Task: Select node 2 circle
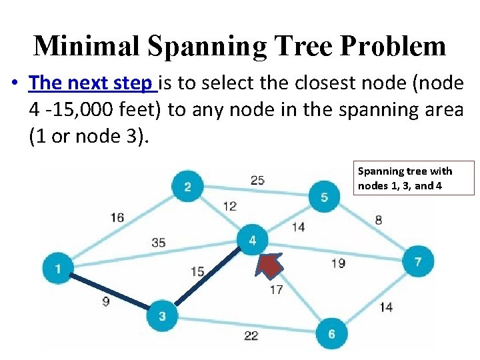pyautogui.click(x=187, y=186)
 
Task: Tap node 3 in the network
pyautogui.click(x=162, y=316)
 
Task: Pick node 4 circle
pyautogui.click(x=252, y=240)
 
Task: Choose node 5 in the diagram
pyautogui.click(x=324, y=197)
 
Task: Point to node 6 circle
pyautogui.click(x=331, y=334)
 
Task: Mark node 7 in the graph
pyautogui.click(x=418, y=262)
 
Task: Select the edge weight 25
pyautogui.click(x=257, y=180)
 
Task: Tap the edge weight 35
pyautogui.click(x=158, y=243)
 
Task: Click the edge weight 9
pyautogui.click(x=106, y=301)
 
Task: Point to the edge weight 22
pyautogui.click(x=251, y=335)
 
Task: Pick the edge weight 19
pyautogui.click(x=338, y=263)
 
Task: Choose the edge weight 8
pyautogui.click(x=379, y=220)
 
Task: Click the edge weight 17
pyautogui.click(x=276, y=289)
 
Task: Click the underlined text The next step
pyautogui.click(x=91, y=83)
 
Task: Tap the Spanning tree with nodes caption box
pyautogui.click(x=413, y=178)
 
